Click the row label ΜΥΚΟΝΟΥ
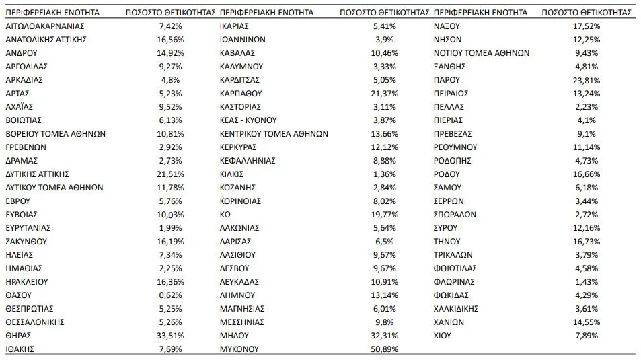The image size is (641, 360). (x=239, y=349)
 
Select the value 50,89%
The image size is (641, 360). (x=385, y=349)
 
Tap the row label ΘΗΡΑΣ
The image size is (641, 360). (x=18, y=335)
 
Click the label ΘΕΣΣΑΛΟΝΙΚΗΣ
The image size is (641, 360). (x=34, y=322)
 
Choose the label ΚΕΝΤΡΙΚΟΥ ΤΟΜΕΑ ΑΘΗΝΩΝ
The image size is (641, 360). (x=274, y=133)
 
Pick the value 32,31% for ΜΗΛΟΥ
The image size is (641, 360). (x=385, y=335)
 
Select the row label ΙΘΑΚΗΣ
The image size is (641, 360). (x=20, y=349)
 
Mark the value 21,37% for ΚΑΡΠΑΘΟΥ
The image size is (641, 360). (x=385, y=93)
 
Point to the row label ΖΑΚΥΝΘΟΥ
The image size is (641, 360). (x=26, y=241)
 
